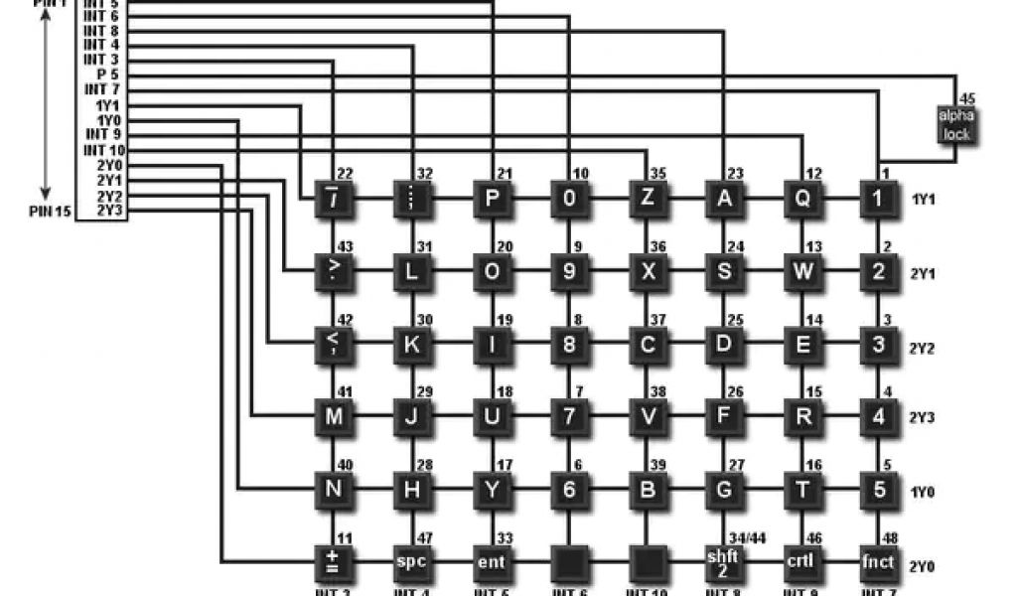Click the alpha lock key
[x=956, y=126]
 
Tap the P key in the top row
[x=492, y=199]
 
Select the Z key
[x=648, y=199]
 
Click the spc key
[x=412, y=562]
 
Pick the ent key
[x=492, y=562]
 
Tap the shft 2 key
[x=723, y=562]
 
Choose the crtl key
[x=800, y=562]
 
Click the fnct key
[x=878, y=562]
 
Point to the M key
[x=334, y=417]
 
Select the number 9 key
[x=569, y=271]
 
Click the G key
[x=723, y=489]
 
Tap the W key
[x=800, y=271]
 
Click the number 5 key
[x=878, y=489]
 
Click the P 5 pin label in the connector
[x=107, y=74]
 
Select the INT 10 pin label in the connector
[x=103, y=149]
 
